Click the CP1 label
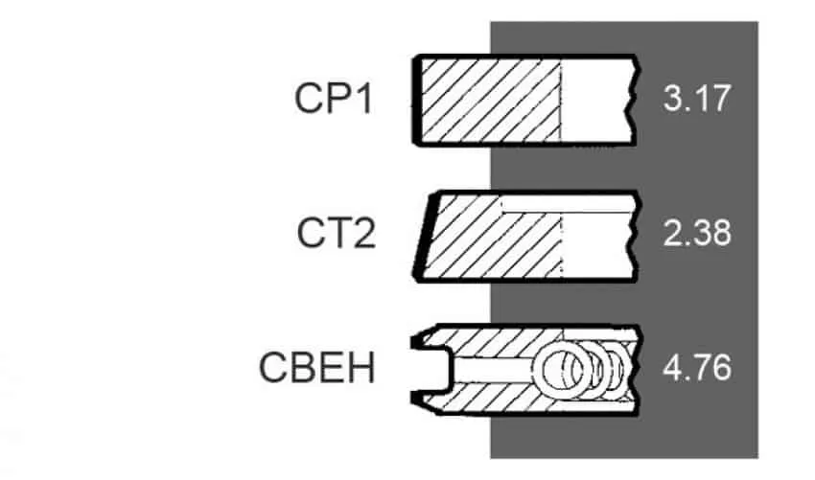tap(333, 98)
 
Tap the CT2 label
tap(336, 233)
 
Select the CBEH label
tap(317, 368)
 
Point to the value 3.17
tap(696, 98)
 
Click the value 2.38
tap(697, 233)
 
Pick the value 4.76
tap(697, 368)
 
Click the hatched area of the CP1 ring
tap(491, 100)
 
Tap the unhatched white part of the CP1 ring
tap(596, 100)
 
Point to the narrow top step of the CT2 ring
tap(567, 204)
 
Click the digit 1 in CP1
tap(365, 98)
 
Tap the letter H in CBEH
tap(362, 368)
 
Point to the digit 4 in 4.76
tap(672, 368)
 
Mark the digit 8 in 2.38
tap(721, 233)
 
